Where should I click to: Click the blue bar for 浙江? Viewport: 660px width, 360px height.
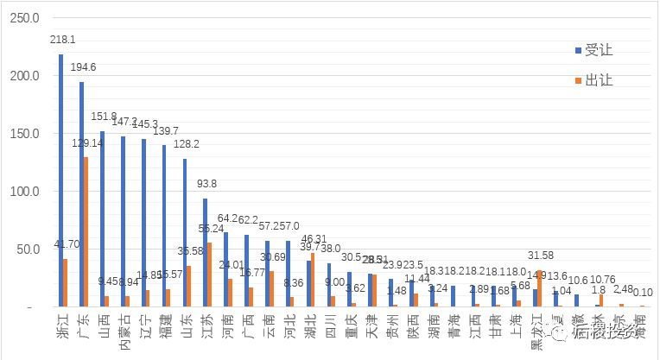click(x=60, y=180)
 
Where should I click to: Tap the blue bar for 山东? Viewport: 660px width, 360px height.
click(x=184, y=232)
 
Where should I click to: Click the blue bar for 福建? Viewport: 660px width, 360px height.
click(x=163, y=225)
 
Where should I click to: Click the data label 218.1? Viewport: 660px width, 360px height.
click(x=61, y=40)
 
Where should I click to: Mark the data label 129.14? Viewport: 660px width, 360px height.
click(x=87, y=143)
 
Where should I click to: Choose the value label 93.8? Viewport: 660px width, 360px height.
click(x=205, y=184)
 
